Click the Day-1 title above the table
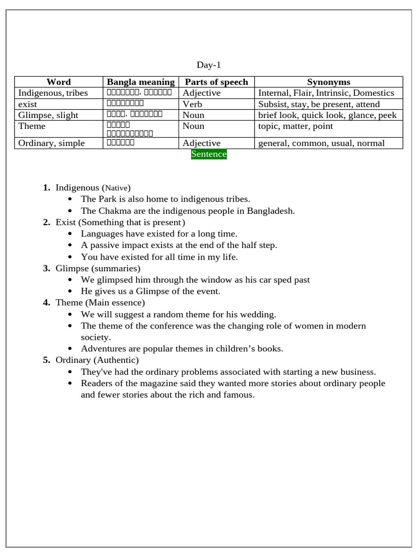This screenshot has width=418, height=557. [x=209, y=65]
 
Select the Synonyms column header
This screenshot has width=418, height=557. [x=328, y=82]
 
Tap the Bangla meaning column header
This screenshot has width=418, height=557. [x=141, y=82]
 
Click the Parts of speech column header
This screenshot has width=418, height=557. [x=217, y=82]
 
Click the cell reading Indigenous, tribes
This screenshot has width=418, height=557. [x=53, y=93]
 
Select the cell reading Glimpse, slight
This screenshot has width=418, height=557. [x=48, y=115]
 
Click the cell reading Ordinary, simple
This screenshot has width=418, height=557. [x=51, y=144]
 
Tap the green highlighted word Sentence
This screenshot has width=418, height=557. [x=209, y=154]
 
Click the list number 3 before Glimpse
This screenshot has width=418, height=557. [x=46, y=269]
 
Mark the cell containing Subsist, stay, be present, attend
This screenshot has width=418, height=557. [x=319, y=104]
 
